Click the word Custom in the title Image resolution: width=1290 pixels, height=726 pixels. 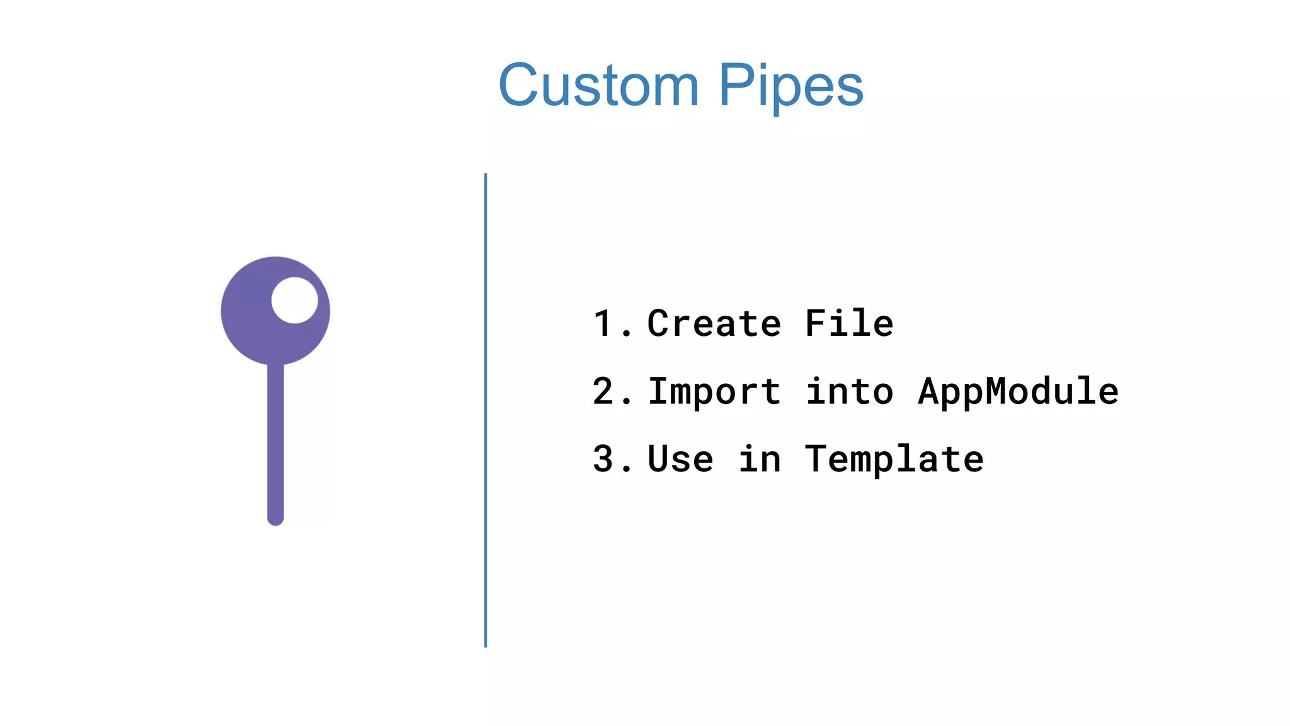click(x=598, y=86)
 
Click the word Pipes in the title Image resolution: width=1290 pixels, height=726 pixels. click(x=791, y=87)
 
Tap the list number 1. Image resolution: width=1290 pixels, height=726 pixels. click(x=605, y=324)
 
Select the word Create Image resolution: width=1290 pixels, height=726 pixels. click(x=714, y=324)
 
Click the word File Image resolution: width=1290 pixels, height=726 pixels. click(x=849, y=324)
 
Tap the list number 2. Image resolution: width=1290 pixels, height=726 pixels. click(x=605, y=391)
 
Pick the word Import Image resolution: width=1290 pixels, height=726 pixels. click(x=714, y=392)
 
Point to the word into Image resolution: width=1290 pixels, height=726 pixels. click(x=849, y=391)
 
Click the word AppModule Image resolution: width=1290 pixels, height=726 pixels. click(x=1018, y=392)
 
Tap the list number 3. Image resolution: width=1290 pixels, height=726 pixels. click(x=605, y=459)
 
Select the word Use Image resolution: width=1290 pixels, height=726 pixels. click(x=680, y=459)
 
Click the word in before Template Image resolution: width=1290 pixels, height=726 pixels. click(x=760, y=459)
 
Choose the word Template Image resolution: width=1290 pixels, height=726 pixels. click(x=894, y=459)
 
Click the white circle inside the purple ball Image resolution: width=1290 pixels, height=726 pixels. click(x=295, y=300)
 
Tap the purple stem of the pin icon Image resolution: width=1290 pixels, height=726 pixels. click(x=275, y=441)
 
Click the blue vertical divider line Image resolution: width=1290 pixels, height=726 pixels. click(x=486, y=410)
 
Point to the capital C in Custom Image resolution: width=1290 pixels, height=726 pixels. click(x=520, y=86)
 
